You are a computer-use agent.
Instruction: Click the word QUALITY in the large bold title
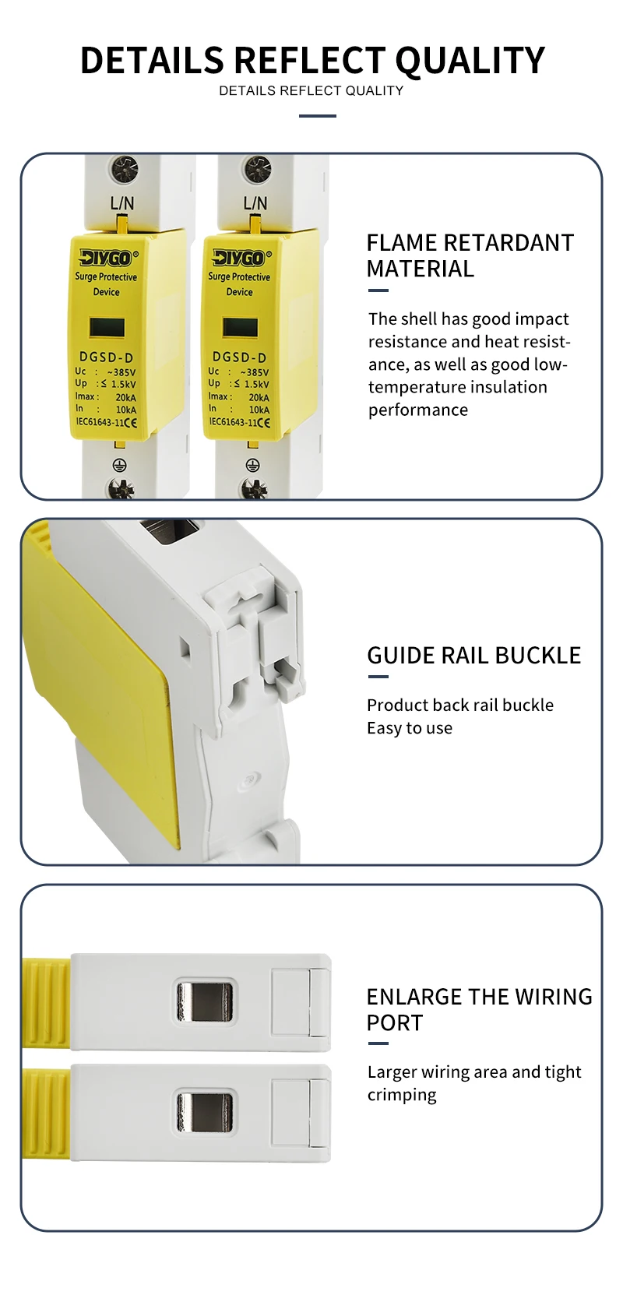pos(470,61)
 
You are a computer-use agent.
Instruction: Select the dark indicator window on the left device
pos(107,328)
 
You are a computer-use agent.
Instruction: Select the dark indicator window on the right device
pos(241,328)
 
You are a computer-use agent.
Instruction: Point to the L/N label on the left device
pos(122,203)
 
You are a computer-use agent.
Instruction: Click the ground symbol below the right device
pos(252,465)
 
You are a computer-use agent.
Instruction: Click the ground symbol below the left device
pos(119,465)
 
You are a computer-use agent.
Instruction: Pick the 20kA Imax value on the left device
pos(126,397)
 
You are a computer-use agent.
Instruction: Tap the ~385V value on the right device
pos(255,372)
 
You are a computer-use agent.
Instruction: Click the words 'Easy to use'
pos(410,728)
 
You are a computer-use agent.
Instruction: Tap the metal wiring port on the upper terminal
pos(205,1001)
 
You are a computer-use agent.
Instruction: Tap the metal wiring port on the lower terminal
pos(205,1112)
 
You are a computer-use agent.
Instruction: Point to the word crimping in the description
pos(403,1095)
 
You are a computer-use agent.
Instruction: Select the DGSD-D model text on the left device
pos(107,357)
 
